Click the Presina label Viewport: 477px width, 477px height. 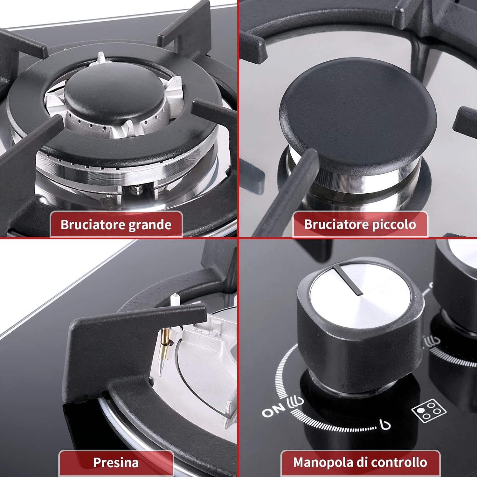[116, 463]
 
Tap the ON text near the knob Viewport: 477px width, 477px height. [273, 411]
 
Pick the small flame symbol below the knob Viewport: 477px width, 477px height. [385, 424]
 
